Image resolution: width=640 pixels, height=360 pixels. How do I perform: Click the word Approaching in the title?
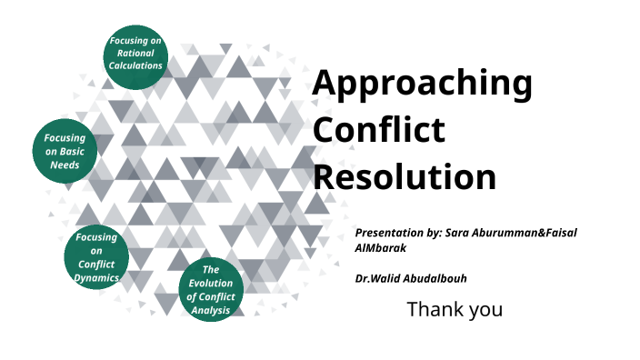[422, 85]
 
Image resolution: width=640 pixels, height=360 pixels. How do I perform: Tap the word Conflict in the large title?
[379, 130]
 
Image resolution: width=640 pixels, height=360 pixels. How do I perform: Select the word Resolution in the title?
[405, 175]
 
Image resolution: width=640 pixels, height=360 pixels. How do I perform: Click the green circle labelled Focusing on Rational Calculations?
[135, 54]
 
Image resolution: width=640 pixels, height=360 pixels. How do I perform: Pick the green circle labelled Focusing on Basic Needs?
[65, 152]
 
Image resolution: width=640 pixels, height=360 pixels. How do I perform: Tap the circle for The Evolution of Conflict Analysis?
[211, 290]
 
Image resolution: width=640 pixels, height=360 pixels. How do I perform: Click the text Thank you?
[454, 309]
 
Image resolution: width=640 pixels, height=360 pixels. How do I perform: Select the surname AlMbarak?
[385, 247]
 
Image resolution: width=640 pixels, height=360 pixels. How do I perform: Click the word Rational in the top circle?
[135, 54]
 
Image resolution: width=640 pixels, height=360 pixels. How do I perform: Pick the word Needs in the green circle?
[65, 165]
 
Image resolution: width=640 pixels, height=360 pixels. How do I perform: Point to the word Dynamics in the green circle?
[96, 277]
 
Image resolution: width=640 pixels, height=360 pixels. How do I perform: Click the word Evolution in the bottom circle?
[211, 284]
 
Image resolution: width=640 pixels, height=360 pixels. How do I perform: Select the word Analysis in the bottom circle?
[211, 310]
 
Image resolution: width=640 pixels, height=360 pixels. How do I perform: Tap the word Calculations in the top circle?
[135, 65]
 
